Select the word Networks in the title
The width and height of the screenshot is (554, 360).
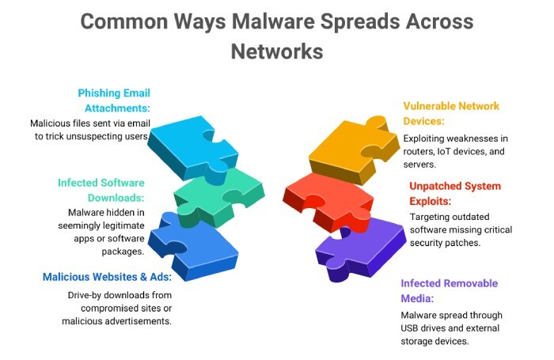coord(277,51)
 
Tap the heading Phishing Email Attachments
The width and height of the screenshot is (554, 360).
coord(114,100)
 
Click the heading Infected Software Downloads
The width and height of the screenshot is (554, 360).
coord(101,190)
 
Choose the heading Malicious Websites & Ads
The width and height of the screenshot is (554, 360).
coord(107,277)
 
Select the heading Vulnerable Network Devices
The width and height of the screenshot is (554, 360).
coord(451,113)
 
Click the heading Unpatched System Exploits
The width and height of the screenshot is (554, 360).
coord(454,193)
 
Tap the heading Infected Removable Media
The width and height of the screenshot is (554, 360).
coord(448,290)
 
